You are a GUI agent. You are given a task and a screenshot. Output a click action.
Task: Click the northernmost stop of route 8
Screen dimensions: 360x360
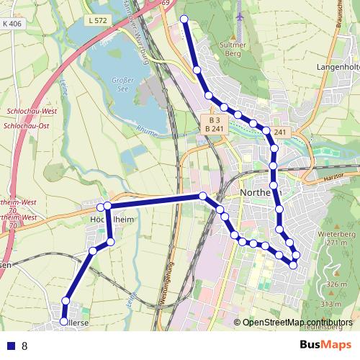[184, 19]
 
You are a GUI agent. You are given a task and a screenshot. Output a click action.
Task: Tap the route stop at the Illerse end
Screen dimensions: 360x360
[63, 321]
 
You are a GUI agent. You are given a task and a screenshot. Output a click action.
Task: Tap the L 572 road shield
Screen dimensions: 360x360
[96, 21]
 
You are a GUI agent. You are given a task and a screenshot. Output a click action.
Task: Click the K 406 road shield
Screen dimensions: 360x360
[12, 24]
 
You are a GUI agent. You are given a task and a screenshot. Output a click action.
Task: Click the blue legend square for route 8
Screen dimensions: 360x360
[11, 346]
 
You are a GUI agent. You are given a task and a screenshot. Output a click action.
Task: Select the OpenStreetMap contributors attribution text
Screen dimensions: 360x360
[297, 322]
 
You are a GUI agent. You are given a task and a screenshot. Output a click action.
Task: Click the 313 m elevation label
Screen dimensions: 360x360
[330, 305]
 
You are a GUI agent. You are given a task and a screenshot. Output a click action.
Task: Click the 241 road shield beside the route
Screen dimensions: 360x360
[281, 132]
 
